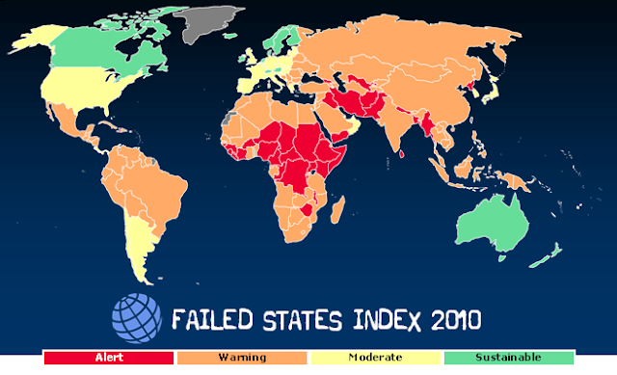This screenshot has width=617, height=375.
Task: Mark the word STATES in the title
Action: (x=289, y=319)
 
